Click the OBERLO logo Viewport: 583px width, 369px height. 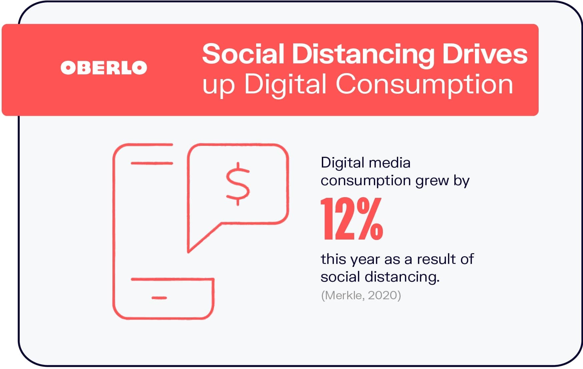pos(104,68)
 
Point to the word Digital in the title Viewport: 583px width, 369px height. pos(285,85)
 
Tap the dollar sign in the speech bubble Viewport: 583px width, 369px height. pos(238,184)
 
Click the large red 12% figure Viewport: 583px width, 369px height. pos(352,219)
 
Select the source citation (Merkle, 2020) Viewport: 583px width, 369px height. pos(361,295)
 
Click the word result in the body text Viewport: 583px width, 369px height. pos(437,259)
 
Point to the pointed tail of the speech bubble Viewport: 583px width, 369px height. pos(189,252)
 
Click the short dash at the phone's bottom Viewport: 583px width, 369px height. pos(159,298)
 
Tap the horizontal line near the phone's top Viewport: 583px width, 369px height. pos(152,163)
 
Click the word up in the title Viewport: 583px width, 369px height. pos(219,87)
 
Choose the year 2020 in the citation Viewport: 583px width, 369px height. pos(383,295)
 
